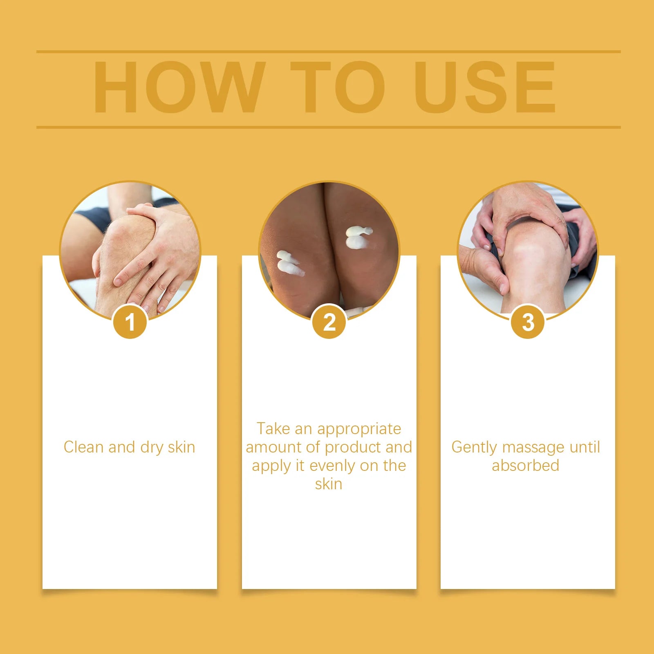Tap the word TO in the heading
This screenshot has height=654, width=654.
338,87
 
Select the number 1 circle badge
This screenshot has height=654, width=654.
130,322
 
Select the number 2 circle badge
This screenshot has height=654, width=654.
329,322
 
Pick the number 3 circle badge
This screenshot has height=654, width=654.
528,322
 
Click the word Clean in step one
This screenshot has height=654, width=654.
83,447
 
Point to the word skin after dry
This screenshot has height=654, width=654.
181,447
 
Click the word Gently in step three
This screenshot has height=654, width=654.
474,447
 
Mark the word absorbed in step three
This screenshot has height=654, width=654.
525,465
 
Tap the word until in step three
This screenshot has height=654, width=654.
585,447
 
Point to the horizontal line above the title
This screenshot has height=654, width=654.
328,52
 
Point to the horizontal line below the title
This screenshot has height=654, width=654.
328,127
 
